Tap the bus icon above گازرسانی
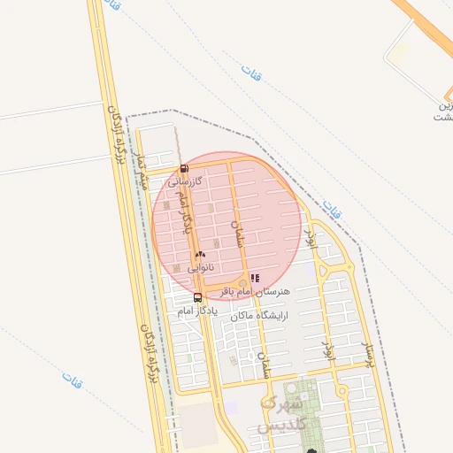pyautogui.click(x=183, y=168)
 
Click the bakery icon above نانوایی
pyautogui.click(x=200, y=254)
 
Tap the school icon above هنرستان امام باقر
pyautogui.click(x=255, y=278)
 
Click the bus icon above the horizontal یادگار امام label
pyautogui.click(x=197, y=297)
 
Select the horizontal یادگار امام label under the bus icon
pyautogui.click(x=196, y=311)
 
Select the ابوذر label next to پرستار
pyautogui.click(x=328, y=350)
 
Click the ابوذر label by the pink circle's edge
pyautogui.click(x=310, y=237)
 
